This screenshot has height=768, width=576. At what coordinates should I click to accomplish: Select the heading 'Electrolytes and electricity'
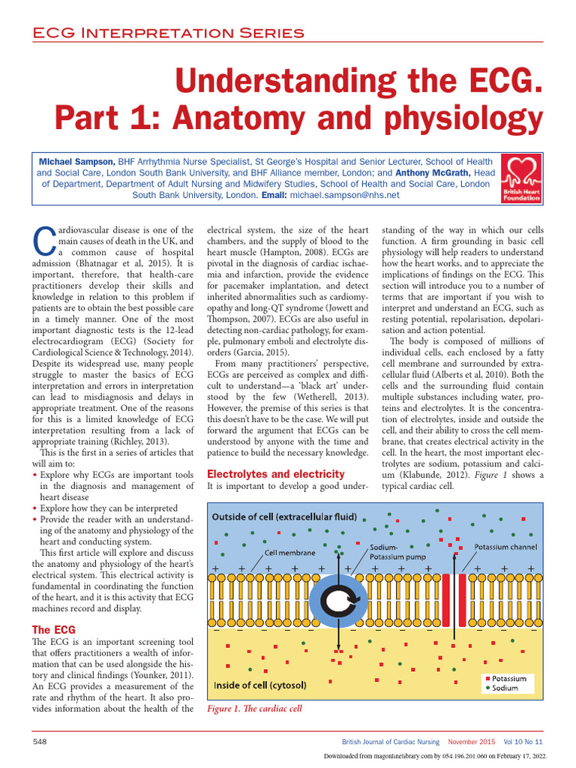(275, 474)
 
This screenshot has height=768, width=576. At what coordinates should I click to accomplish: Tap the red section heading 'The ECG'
(52, 629)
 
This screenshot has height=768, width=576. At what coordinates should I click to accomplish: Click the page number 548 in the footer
(40, 741)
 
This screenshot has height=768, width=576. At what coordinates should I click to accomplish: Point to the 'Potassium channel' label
(505, 547)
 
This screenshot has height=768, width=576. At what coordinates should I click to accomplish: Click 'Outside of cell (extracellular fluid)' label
(284, 517)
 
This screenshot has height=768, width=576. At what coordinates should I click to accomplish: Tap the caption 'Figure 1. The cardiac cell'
(253, 709)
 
